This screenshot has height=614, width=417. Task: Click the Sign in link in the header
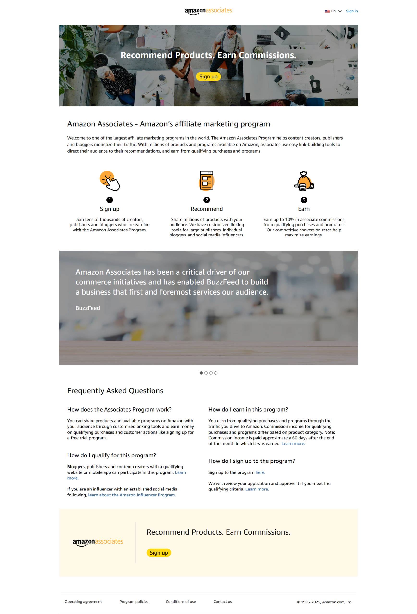[352, 11]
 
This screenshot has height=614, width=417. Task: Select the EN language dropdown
[333, 11]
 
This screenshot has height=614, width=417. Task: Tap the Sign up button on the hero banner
[208, 77]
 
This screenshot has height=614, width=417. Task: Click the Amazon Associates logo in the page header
[208, 11]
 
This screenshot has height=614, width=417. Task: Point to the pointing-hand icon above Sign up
[110, 181]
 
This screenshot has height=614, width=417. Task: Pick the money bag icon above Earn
[304, 181]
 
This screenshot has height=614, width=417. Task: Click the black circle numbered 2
[207, 200]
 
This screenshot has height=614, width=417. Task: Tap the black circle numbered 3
[304, 200]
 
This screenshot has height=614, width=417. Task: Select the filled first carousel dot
[201, 373]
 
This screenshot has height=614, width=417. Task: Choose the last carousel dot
[216, 373]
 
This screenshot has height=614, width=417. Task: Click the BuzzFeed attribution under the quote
[88, 308]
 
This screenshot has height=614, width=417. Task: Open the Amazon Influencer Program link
[132, 495]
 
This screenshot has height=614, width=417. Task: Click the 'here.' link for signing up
[260, 472]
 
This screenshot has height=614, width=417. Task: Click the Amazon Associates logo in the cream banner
[98, 542]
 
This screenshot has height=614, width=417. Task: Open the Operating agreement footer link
[83, 602]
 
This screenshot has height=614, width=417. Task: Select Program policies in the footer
[134, 602]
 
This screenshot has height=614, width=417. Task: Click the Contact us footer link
[222, 602]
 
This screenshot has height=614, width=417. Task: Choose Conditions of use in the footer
[181, 602]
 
